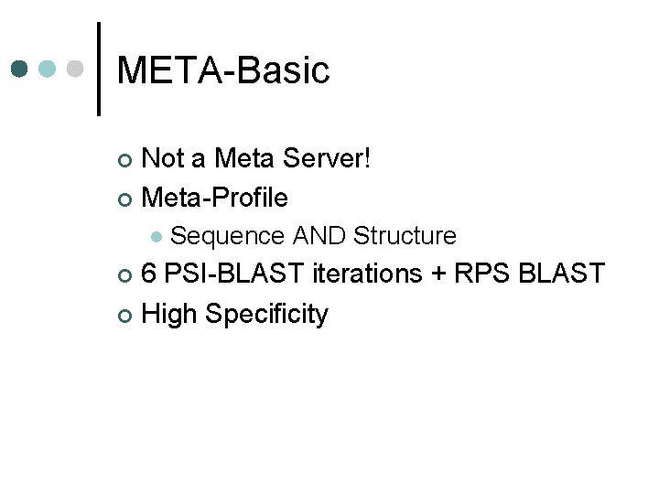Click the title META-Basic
pos(223,70)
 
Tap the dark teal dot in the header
pos(21,69)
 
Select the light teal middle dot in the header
pos(49,69)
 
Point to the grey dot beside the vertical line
pos(77,69)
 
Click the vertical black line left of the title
pos(98,69)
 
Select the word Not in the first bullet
pos(165,158)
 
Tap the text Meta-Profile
pos(216,197)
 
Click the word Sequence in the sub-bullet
pos(228,236)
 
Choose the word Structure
pos(405,236)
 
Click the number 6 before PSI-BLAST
pos(150,274)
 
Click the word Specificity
pos(266,314)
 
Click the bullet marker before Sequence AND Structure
pos(157,237)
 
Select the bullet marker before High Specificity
pos(126,316)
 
